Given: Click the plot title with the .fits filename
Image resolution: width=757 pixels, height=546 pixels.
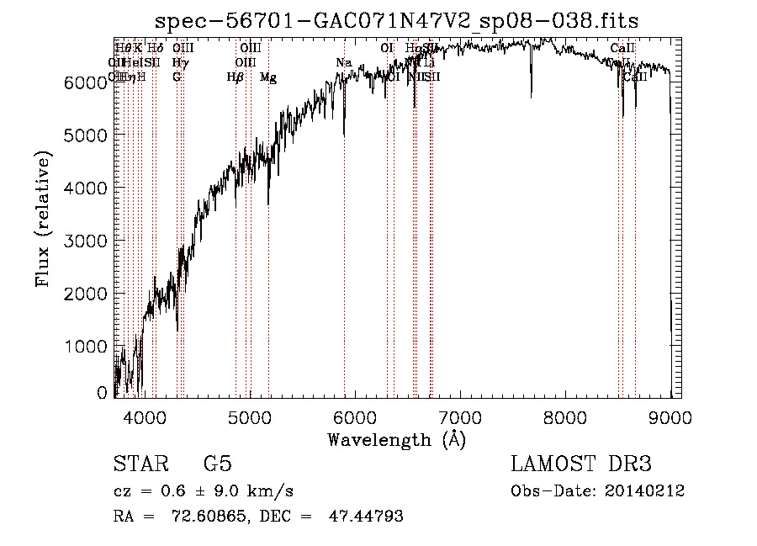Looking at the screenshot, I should tap(397, 22).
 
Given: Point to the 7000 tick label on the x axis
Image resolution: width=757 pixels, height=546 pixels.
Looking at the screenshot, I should tap(460, 416).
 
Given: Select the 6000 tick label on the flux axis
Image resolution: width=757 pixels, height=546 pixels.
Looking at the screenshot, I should tap(85, 82).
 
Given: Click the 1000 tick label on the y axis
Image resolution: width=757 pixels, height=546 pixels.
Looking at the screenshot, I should tap(85, 347).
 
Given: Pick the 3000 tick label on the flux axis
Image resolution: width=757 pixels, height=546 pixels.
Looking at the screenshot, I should tap(85, 241).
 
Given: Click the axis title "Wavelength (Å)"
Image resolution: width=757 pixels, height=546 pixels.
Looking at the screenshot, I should tap(396, 439).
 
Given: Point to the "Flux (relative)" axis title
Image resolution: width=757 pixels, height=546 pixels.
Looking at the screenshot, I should tap(43, 219).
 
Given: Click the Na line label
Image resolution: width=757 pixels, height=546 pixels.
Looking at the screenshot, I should tap(343, 63).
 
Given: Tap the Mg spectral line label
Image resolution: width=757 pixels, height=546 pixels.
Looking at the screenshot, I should tap(267, 77).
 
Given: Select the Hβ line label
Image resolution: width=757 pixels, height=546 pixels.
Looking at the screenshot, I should tap(236, 77).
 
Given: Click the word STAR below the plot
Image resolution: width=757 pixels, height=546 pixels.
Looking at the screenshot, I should tap(139, 464).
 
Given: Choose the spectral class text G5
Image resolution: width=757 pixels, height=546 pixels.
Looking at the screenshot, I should tap(218, 464).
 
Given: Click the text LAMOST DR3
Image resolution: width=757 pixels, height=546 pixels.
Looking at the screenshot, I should tap(580, 464).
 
